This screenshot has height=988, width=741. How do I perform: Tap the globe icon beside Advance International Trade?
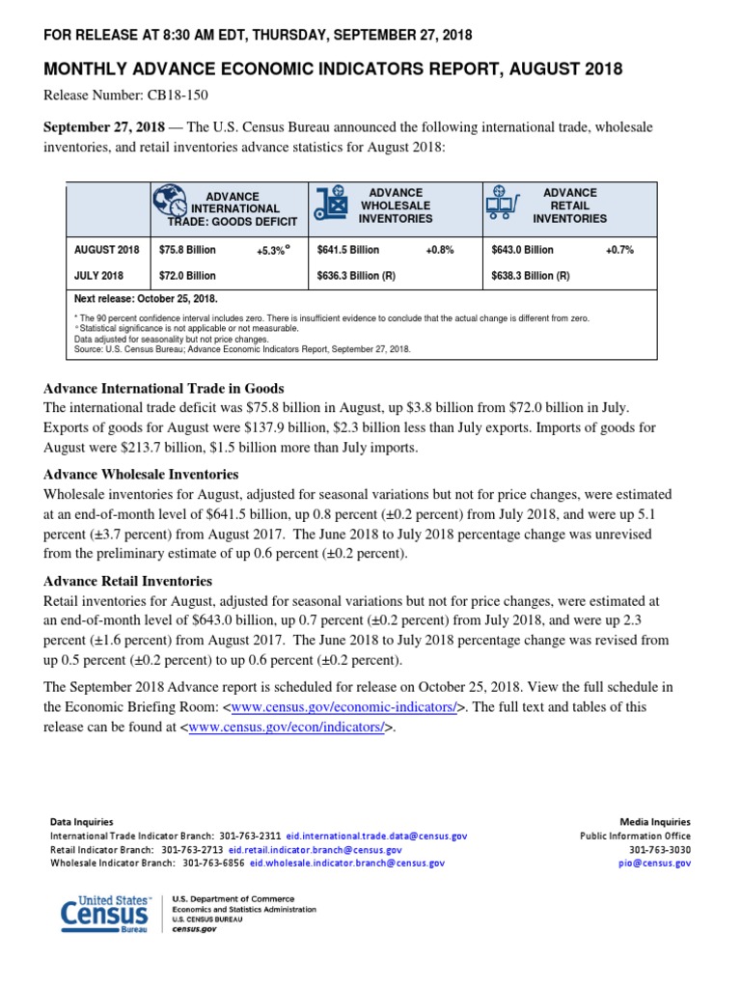169,200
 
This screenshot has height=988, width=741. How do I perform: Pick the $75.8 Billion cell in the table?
187,250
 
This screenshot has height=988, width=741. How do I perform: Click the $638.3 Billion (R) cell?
531,275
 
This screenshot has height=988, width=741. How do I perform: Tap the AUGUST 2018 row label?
107,250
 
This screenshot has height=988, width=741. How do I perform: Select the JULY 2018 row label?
99,275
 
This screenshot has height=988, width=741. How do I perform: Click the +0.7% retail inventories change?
619,250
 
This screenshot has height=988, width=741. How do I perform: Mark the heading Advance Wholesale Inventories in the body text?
141,475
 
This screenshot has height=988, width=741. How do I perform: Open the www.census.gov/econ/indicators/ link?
290,727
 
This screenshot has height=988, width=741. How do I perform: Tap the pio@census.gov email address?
669,864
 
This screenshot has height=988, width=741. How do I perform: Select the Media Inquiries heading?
654,822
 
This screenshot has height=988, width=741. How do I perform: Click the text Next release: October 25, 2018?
146,299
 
